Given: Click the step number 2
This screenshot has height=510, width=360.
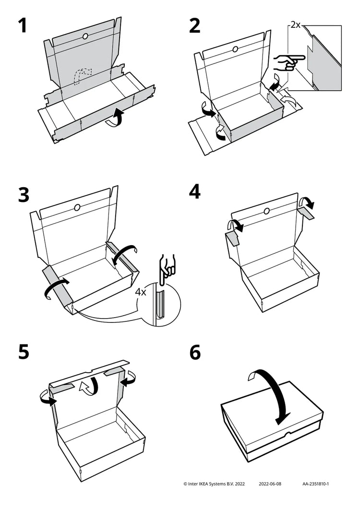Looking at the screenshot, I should [x=194, y=26].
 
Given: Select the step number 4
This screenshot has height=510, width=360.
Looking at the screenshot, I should [x=195, y=192].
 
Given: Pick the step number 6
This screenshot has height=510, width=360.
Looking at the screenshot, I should [x=195, y=352].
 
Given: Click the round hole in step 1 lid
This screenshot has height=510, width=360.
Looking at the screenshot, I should [x=84, y=36].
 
